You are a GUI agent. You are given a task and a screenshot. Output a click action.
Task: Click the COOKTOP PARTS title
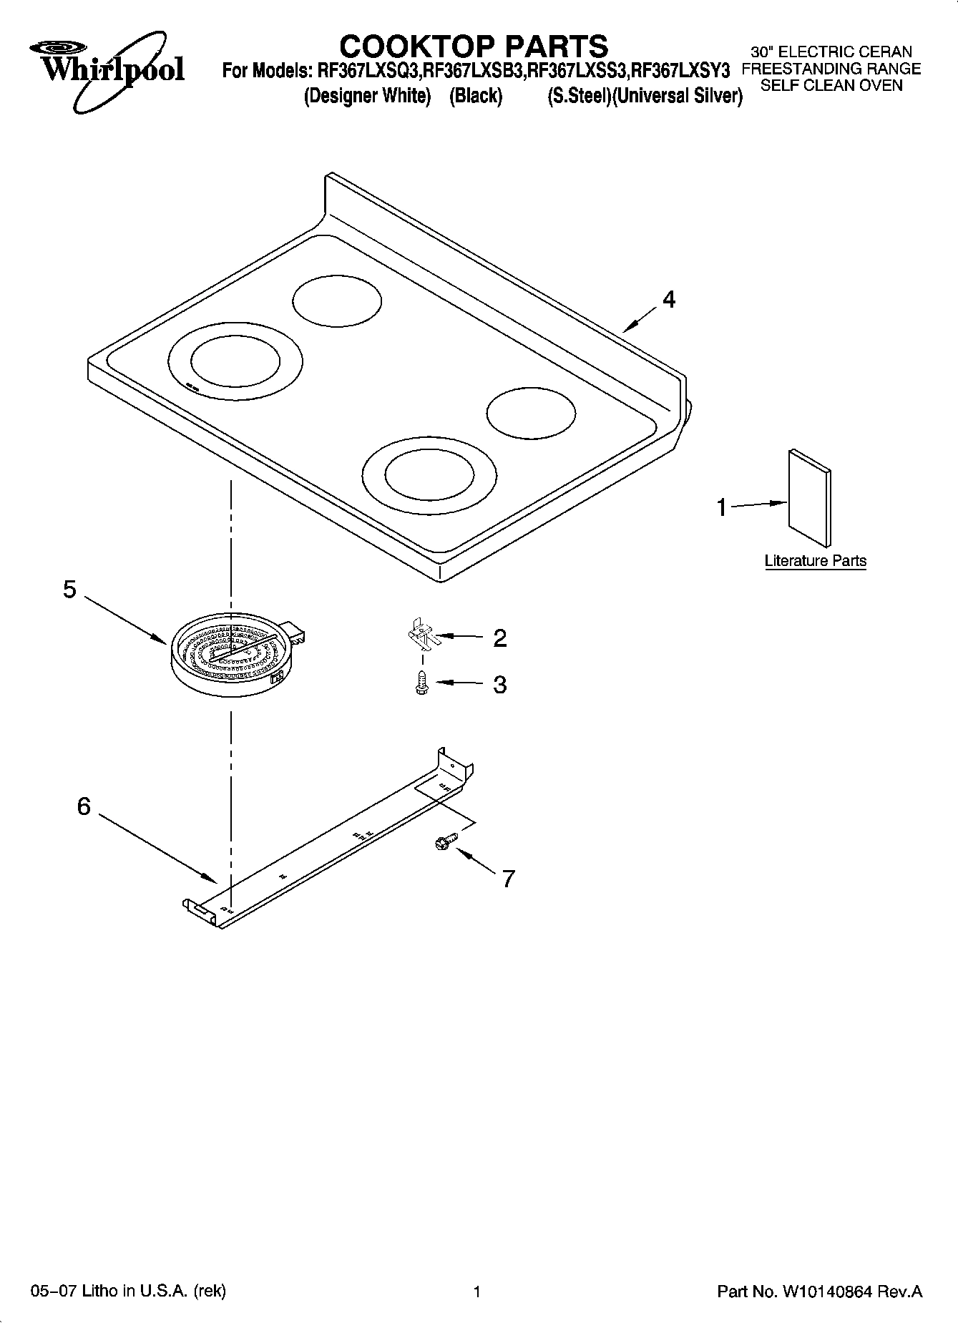(x=473, y=47)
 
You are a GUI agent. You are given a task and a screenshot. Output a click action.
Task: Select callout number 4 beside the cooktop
(x=668, y=299)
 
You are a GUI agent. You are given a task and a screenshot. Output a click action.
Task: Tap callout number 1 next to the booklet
(x=722, y=507)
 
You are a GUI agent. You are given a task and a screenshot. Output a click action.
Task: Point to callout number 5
(x=69, y=590)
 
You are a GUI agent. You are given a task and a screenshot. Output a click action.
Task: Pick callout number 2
(x=499, y=638)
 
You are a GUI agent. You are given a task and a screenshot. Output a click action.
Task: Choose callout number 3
(x=499, y=685)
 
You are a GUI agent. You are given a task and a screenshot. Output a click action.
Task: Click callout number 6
(x=84, y=806)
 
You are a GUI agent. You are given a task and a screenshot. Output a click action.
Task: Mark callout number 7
(x=508, y=878)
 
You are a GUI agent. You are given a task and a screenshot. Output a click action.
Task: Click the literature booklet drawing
(x=810, y=500)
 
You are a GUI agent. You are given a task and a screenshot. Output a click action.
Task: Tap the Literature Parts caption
(x=815, y=561)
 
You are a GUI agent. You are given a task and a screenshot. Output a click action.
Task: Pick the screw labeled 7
(x=442, y=844)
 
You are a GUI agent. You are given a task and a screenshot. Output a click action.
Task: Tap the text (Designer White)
(x=367, y=96)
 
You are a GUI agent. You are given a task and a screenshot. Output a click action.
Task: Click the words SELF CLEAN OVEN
(x=831, y=86)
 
